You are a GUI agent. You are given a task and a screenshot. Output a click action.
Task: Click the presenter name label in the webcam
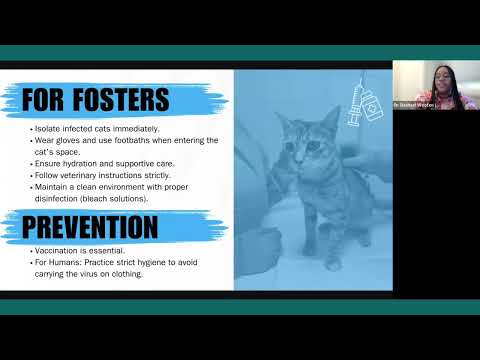pos(413,104)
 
